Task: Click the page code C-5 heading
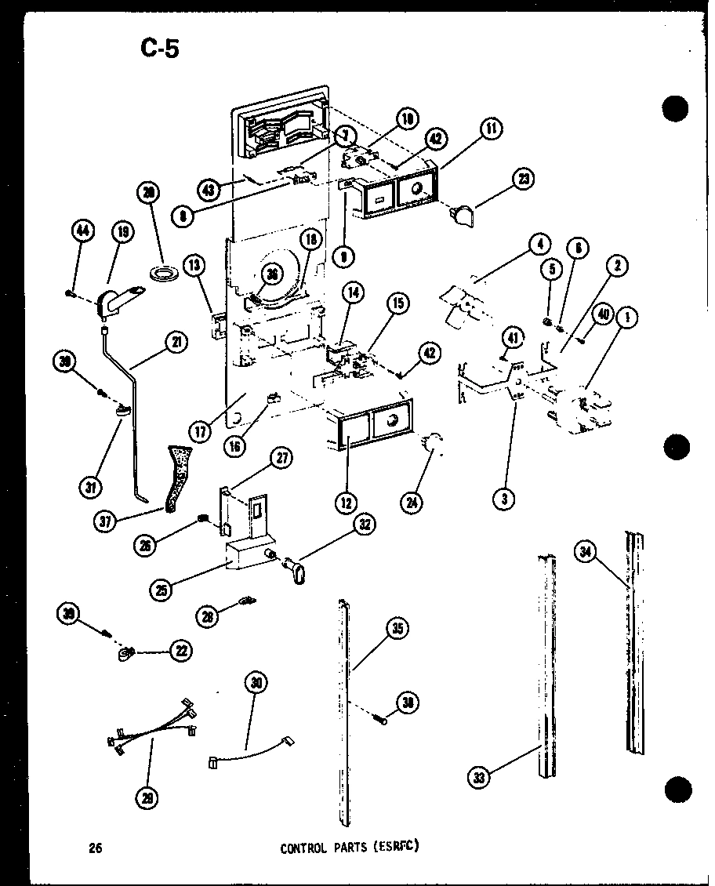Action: pos(160,49)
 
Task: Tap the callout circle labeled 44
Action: pos(82,231)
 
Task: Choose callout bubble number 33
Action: pos(479,777)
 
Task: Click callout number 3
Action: pos(506,497)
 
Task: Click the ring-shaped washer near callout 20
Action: pos(164,274)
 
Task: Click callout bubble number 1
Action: pos(626,318)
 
